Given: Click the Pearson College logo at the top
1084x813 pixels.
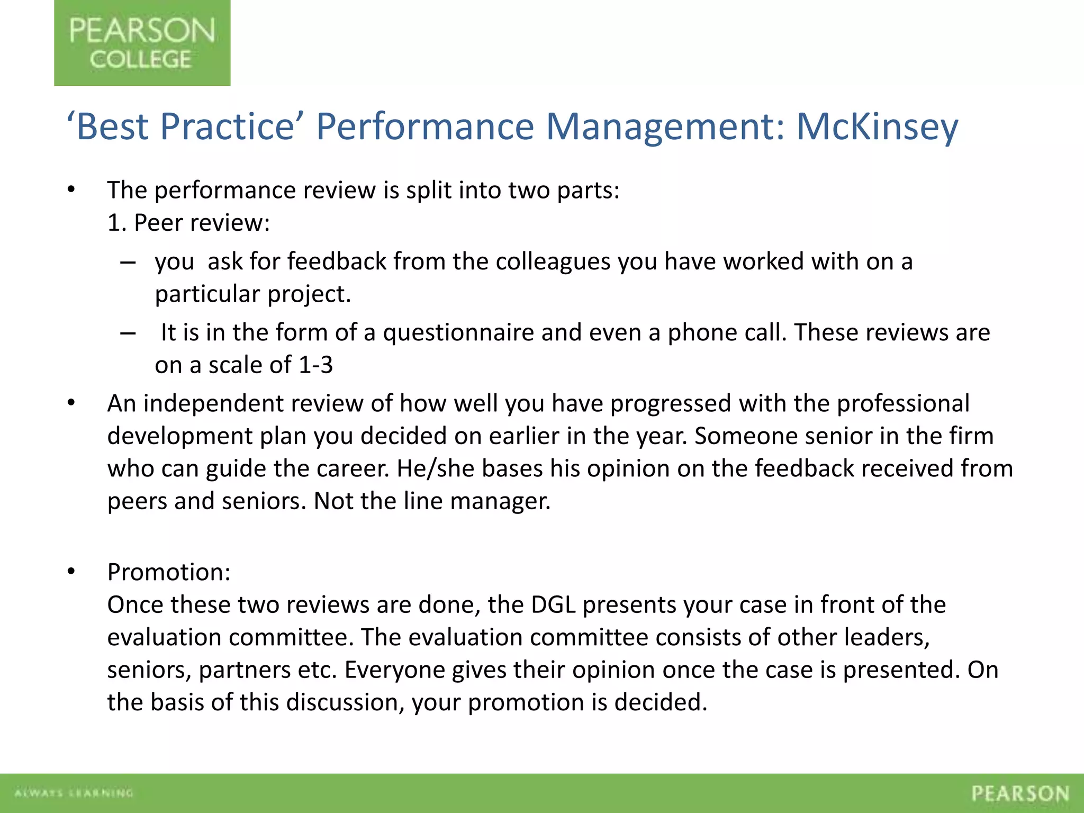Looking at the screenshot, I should (x=142, y=43).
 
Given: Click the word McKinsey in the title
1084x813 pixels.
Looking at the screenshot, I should (x=877, y=127).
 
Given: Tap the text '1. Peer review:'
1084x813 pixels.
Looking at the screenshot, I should (x=188, y=223).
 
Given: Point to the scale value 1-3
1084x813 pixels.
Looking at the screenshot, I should (x=316, y=365).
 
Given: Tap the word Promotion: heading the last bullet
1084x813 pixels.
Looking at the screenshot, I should (x=169, y=572).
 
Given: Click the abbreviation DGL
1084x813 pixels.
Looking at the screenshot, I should (x=553, y=605).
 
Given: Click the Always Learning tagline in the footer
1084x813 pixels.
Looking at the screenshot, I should (x=74, y=793).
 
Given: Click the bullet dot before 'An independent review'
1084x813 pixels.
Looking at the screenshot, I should (x=71, y=404).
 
